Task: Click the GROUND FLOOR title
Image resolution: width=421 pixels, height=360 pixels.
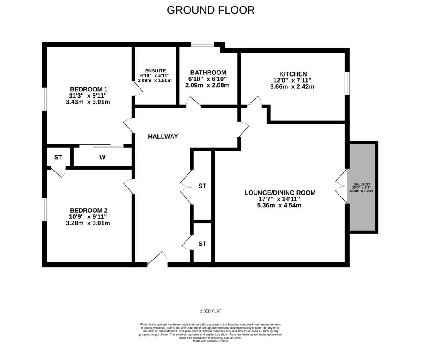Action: tap(210, 10)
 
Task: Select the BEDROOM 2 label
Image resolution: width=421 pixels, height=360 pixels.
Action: tap(88, 210)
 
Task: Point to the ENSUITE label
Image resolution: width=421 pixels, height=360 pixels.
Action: tap(155, 70)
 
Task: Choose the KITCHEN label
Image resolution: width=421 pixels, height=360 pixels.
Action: tap(293, 74)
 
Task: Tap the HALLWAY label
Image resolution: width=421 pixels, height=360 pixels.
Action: tap(163, 137)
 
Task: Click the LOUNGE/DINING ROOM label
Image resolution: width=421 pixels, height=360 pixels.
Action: tap(280, 193)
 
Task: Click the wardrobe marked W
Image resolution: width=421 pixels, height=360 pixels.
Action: tap(102, 157)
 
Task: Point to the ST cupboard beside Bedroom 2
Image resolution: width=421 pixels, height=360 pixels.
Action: tap(58, 157)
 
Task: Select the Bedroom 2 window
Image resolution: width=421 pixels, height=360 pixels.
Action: tap(44, 209)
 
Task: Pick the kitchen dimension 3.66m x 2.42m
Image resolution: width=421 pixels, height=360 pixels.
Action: tap(292, 87)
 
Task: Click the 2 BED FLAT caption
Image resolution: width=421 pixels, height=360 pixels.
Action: tap(210, 311)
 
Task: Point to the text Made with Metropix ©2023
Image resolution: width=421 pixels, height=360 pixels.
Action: tap(210, 341)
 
